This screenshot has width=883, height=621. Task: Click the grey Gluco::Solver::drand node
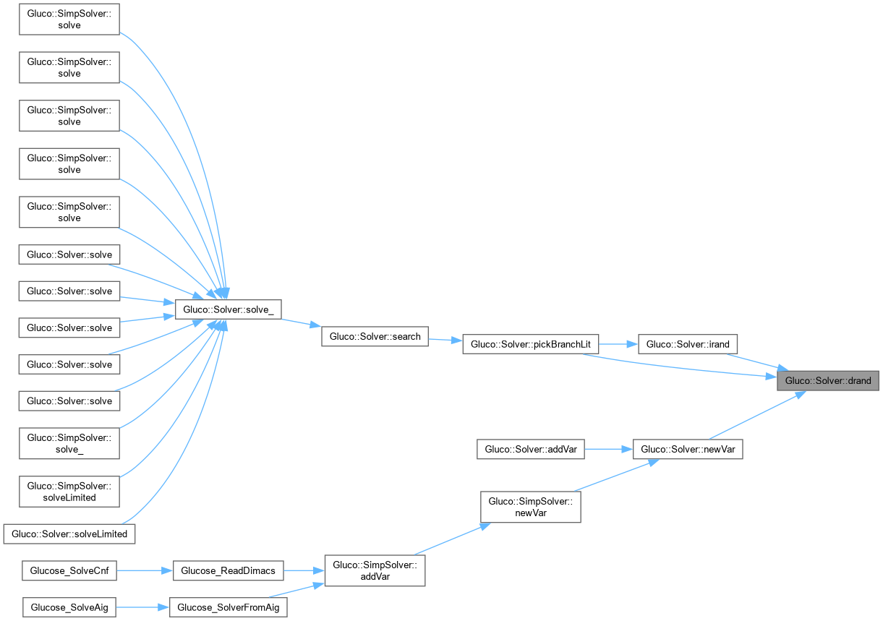(828, 381)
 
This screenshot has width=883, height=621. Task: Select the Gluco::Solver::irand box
(688, 344)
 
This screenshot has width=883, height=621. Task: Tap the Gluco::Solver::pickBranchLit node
(530, 344)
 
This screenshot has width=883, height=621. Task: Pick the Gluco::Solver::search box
(375, 336)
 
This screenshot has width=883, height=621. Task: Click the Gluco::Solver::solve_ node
(228, 309)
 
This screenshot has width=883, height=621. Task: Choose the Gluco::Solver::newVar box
(688, 449)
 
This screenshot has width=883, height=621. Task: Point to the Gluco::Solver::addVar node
(530, 449)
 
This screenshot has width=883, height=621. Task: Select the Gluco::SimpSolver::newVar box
(530, 507)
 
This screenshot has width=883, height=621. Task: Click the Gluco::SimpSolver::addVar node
(375, 570)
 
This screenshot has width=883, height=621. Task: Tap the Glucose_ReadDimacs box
(228, 570)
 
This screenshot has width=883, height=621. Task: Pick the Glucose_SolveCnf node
(69, 570)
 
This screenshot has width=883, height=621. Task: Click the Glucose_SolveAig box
(69, 607)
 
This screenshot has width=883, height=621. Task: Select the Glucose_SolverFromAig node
(228, 607)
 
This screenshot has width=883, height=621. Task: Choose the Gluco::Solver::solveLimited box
(69, 534)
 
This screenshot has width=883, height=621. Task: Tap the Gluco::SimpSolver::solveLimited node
(69, 492)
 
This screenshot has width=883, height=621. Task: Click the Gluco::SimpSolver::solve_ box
(69, 443)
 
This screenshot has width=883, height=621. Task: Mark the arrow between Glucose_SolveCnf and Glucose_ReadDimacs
(145, 570)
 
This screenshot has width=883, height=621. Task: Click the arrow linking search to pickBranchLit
(445, 340)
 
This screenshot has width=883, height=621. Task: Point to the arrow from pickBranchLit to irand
(618, 344)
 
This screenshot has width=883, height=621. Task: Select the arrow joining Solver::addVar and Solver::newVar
(608, 449)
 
